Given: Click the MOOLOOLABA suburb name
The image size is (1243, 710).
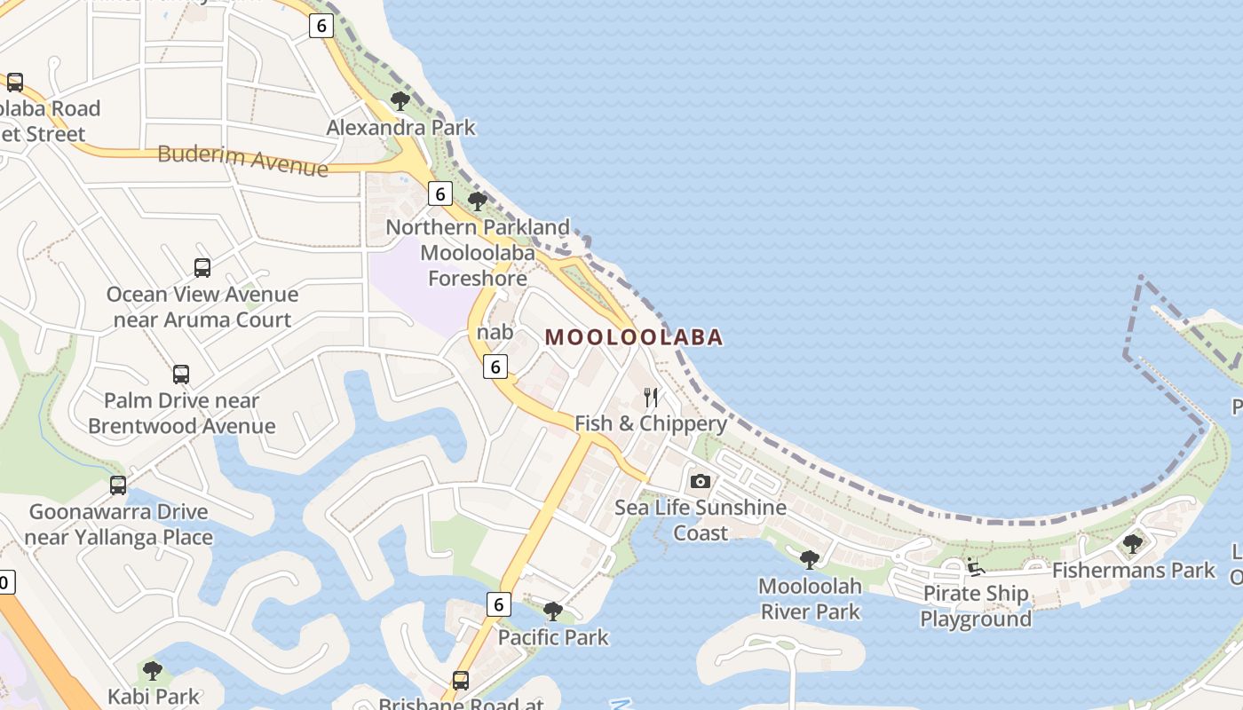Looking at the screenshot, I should pos(634,337).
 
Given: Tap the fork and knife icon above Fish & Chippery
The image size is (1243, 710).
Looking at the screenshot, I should pos(651,397).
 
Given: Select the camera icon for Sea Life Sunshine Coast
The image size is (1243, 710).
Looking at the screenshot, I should pos(701,481).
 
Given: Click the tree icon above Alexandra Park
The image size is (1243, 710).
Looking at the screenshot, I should pos(400,100).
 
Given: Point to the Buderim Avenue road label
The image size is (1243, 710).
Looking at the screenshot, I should pos(242,160).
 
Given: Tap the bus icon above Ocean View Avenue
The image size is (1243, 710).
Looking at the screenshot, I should pos(202,267).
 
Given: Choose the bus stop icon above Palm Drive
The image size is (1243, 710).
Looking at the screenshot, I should pos(181,374).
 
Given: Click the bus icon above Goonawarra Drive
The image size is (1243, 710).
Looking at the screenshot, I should pos(118,485).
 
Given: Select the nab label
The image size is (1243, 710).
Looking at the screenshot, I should pos(495,332).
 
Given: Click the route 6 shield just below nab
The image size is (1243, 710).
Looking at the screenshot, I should pos(495,366).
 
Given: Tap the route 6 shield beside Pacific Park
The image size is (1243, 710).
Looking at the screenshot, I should pos(499,604).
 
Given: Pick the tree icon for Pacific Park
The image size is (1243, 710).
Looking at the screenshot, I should pos(553,611).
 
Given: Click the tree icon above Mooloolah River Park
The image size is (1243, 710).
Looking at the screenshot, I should pos(809,559).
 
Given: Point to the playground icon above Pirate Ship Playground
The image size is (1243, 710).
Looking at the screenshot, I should pos(975,566).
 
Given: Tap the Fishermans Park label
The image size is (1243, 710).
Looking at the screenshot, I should pos(1133,570).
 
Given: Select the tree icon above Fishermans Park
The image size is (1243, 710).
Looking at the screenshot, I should pos(1133,543).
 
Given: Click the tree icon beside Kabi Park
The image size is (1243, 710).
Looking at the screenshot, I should pos(153,670).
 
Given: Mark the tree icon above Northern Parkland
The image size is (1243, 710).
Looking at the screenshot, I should pos(478,201).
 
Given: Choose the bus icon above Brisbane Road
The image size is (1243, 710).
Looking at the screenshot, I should pos(461,681).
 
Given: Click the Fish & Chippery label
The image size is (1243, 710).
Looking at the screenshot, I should pos(651,423).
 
